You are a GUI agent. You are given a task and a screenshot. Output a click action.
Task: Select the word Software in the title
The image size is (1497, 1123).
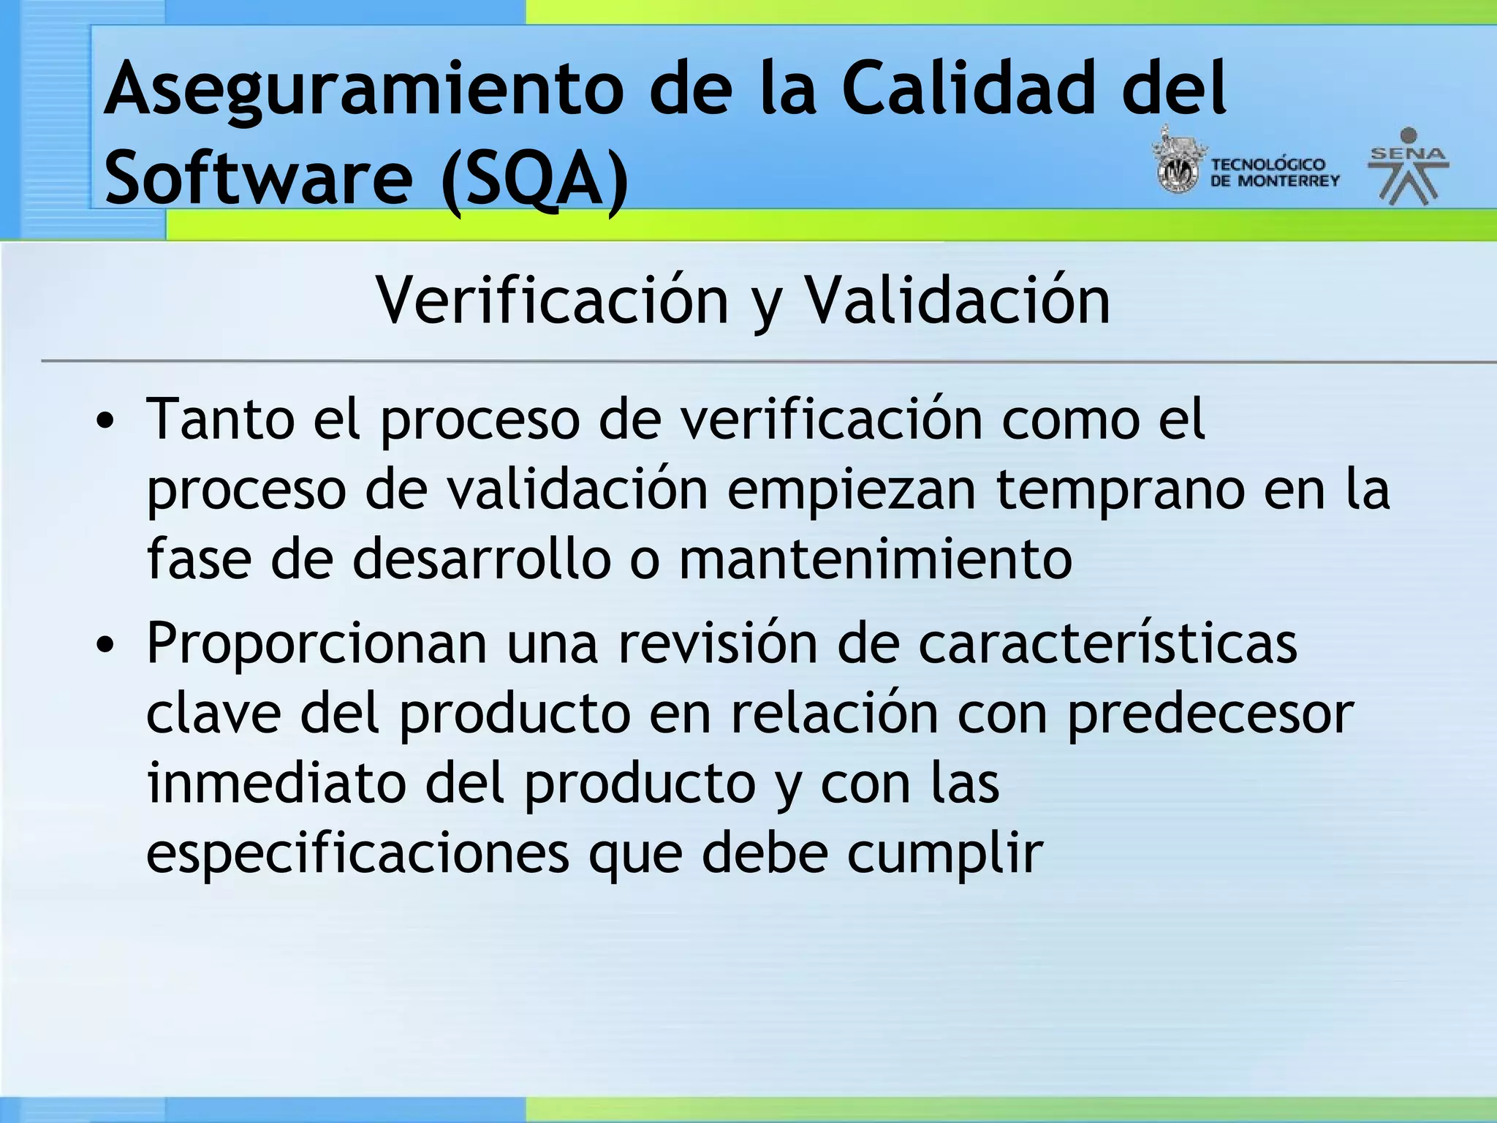pos(259,178)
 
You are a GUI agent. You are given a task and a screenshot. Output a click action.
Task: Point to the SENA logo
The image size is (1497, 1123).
pos(1408,167)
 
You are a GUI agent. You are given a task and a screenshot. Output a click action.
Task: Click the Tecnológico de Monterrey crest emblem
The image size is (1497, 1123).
pos(1176,162)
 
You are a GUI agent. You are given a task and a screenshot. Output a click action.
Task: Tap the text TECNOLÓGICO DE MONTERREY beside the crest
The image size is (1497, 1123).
pos(1274,173)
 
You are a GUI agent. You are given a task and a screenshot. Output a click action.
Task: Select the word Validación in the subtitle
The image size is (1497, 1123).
pos(957,301)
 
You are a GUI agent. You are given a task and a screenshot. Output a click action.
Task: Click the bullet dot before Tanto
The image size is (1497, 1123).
pos(106,422)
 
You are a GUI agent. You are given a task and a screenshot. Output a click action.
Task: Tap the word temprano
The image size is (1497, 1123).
pos(1120,491)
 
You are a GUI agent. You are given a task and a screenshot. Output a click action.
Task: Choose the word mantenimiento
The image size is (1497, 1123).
pos(875,559)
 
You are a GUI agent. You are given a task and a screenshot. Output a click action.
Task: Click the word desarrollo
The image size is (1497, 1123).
pos(481,559)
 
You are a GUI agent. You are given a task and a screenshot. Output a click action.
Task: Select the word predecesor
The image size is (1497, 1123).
pos(1210,714)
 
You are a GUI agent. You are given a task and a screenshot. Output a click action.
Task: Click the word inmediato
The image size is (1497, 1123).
pos(276,783)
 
